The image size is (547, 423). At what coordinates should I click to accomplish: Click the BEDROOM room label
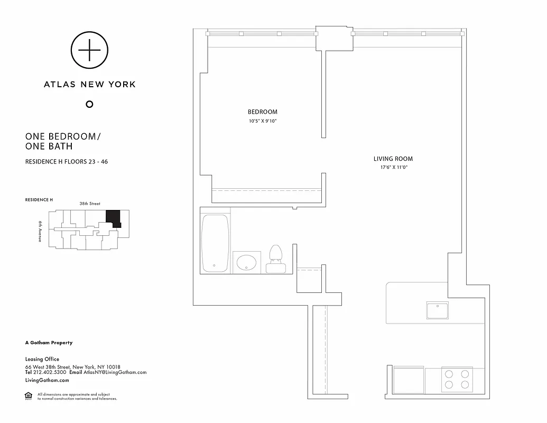(x=262, y=112)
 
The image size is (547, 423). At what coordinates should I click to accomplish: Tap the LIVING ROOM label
(x=393, y=159)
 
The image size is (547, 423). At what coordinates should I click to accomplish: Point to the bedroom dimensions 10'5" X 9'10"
(x=262, y=121)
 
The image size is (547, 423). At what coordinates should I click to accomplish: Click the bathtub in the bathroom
(x=215, y=243)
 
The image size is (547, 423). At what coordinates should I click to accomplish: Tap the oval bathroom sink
(x=246, y=261)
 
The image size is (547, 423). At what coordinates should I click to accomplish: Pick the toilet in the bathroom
(x=275, y=259)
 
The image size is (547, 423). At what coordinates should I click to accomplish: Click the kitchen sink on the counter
(x=437, y=310)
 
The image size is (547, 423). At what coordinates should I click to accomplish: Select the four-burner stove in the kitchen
(x=456, y=380)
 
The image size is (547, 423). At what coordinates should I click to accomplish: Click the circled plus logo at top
(x=89, y=50)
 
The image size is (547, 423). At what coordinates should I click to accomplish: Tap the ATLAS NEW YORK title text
(x=89, y=84)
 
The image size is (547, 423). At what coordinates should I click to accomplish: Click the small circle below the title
(x=89, y=104)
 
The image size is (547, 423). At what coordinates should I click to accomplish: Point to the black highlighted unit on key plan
(x=113, y=218)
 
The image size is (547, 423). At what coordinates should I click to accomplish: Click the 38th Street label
(x=90, y=204)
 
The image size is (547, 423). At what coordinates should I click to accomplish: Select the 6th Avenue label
(x=40, y=231)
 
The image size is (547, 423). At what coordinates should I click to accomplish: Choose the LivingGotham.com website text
(x=47, y=380)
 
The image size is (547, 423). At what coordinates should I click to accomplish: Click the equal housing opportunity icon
(x=29, y=396)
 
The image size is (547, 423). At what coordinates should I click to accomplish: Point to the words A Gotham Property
(x=49, y=343)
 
